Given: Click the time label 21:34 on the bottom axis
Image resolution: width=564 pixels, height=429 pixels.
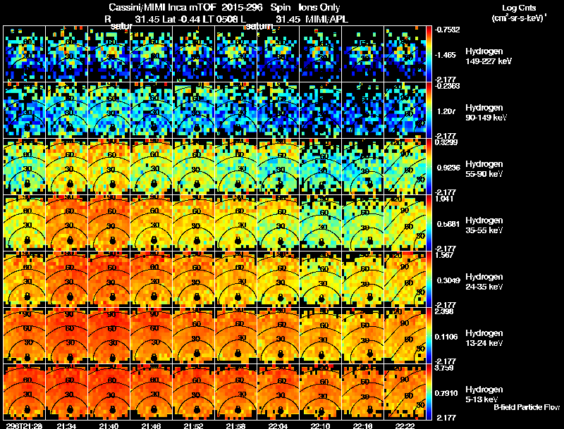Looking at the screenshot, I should click(x=66, y=425).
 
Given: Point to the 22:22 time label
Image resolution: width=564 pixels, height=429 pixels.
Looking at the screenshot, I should click(x=406, y=425).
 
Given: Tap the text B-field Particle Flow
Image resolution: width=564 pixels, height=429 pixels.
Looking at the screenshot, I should click(x=526, y=408).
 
